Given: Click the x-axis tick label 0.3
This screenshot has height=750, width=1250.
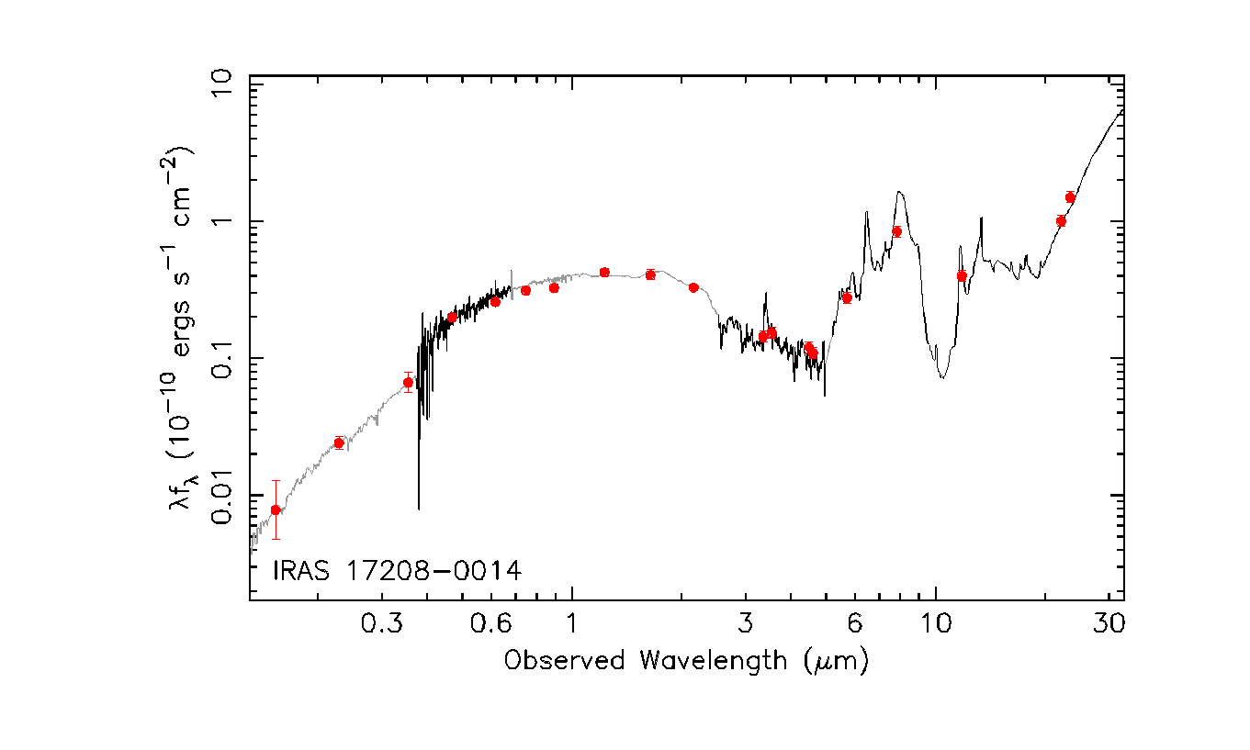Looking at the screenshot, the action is pos(382,623).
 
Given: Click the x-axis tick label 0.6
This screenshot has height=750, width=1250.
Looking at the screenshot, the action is pos(491,623).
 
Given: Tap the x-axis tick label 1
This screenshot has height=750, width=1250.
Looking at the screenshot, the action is pos(572,623).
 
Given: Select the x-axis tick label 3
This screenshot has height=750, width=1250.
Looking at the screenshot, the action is pos(746,623).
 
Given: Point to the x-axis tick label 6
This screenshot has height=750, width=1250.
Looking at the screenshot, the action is pos(854,623).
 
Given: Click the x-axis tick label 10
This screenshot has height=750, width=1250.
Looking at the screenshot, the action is pos(936,623).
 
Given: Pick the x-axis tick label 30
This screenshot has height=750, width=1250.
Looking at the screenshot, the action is pos(1109,623).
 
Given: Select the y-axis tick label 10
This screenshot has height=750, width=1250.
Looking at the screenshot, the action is pos(221,84).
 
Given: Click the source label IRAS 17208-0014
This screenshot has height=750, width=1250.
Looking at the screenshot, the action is pos(397,571).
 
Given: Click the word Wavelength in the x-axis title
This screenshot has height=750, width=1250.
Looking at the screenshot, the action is pos(713,661).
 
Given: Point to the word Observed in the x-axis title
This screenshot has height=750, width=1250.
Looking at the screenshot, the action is pos(564,661).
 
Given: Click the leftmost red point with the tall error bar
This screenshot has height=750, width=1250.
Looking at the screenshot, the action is pos(276,510).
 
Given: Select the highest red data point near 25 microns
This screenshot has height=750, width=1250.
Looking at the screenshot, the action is pos(1070,196).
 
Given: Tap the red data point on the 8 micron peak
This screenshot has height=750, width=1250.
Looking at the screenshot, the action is pos(896,231).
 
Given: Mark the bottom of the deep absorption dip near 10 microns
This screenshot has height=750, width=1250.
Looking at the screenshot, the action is pos(942,378).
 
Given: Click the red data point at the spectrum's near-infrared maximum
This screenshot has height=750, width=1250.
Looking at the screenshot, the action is pos(604,272).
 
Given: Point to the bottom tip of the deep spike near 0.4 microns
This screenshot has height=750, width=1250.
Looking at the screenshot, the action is pos(419,509).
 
